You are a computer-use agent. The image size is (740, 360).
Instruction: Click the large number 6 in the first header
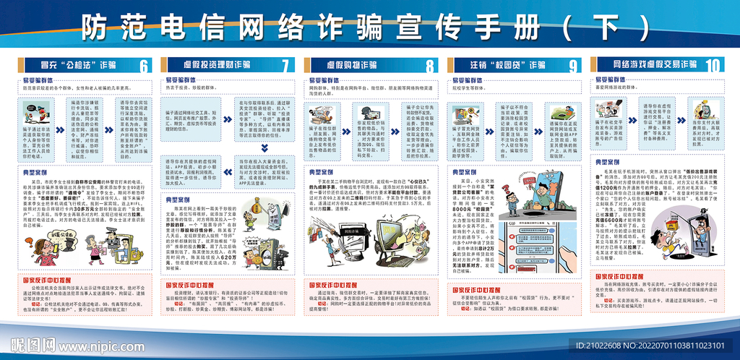tap(144, 66)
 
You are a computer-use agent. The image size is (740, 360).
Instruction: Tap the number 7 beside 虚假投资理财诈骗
tap(286, 66)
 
